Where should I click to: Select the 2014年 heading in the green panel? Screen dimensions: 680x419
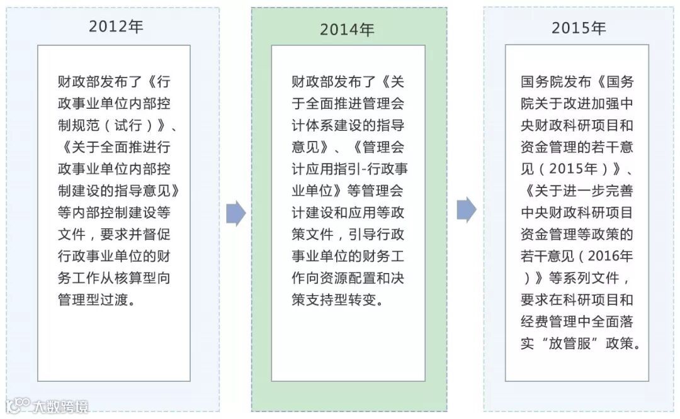click(x=347, y=30)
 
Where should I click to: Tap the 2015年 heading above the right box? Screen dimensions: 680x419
click(x=579, y=28)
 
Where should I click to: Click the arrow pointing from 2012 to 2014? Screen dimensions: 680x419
click(x=235, y=215)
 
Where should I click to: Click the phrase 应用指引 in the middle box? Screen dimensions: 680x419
click(x=337, y=169)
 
